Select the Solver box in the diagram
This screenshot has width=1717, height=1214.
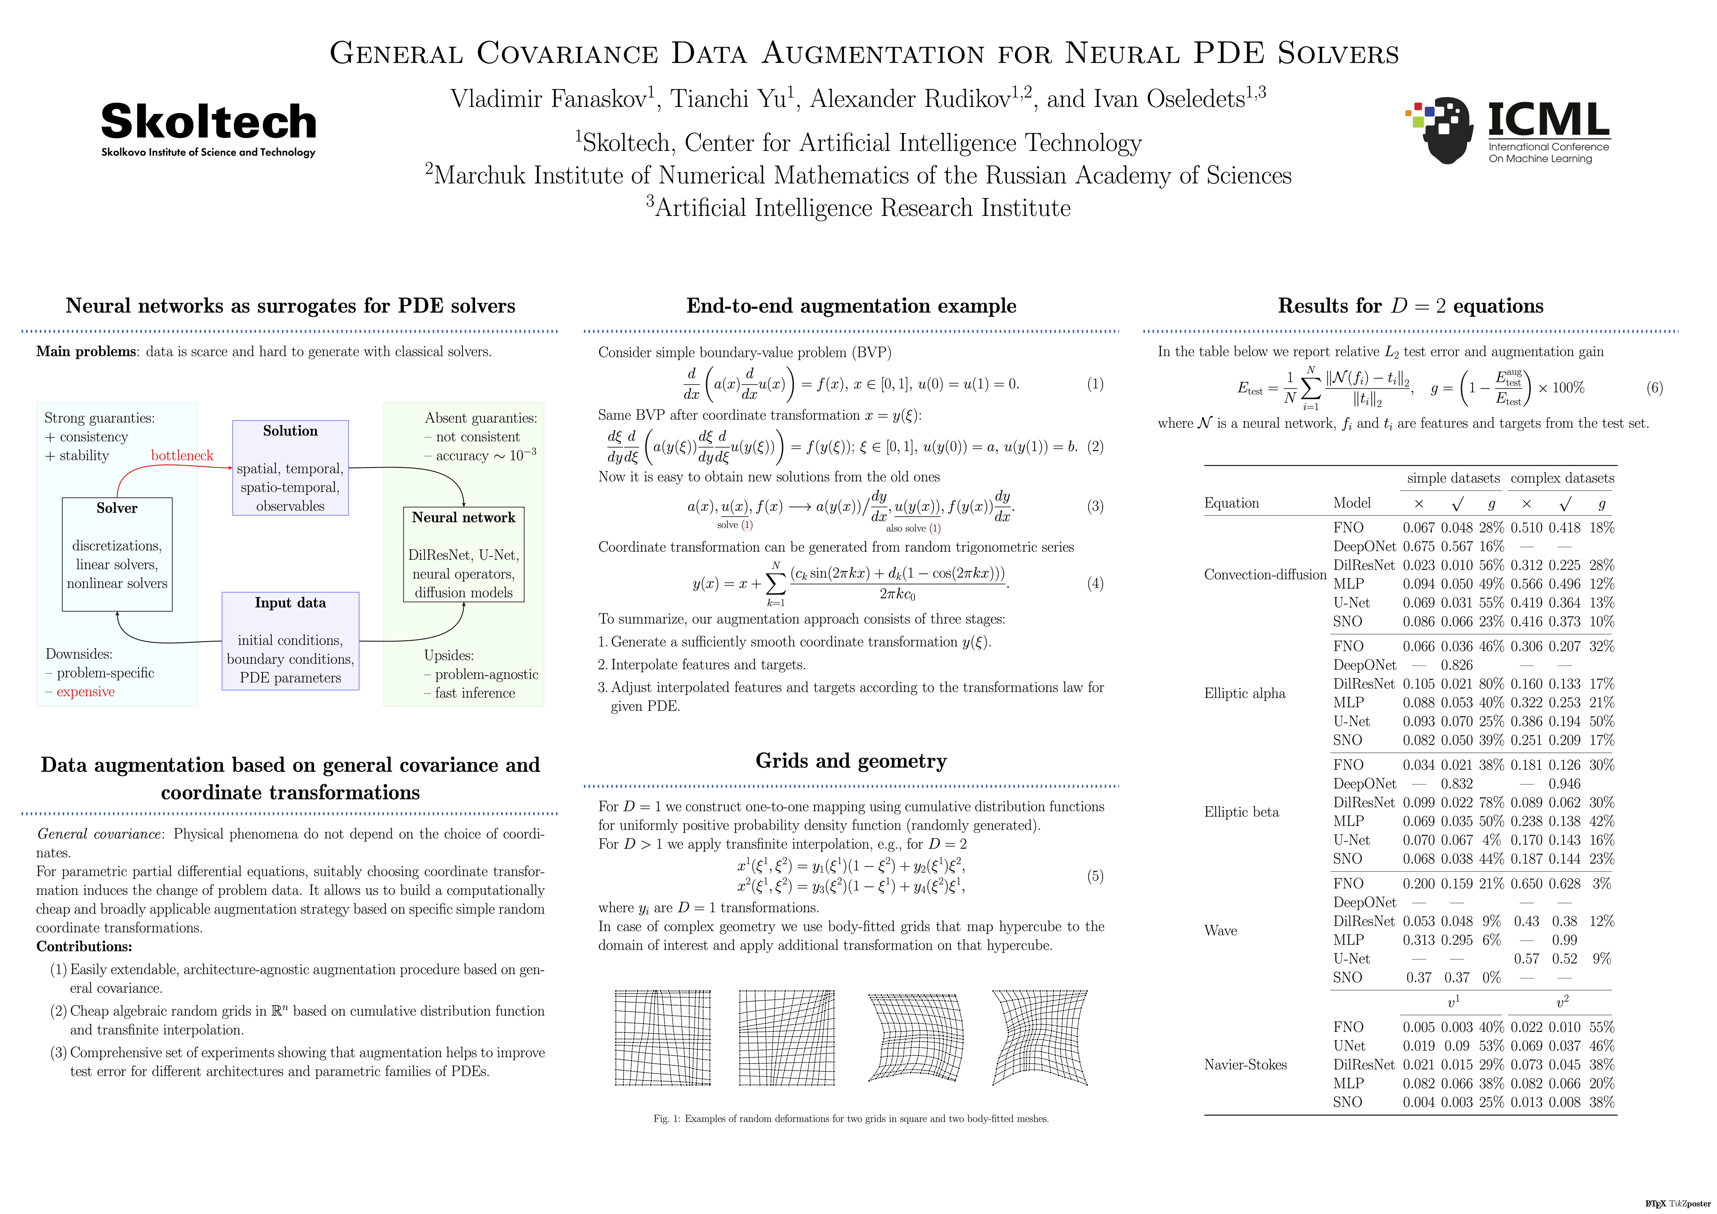click(117, 554)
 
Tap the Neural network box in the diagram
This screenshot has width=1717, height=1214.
click(464, 554)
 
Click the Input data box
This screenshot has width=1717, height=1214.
click(290, 641)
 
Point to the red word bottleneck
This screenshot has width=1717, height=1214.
click(182, 455)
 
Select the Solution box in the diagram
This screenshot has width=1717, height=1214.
click(290, 467)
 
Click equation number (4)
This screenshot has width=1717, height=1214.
click(1095, 583)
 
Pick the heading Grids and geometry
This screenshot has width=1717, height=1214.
click(851, 761)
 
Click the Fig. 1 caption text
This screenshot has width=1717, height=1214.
click(851, 1119)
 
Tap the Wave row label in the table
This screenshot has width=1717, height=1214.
click(1220, 931)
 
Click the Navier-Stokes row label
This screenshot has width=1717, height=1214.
click(1245, 1064)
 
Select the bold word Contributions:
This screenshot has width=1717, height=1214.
click(84, 946)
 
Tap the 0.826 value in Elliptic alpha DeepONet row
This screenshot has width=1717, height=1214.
click(1457, 665)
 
